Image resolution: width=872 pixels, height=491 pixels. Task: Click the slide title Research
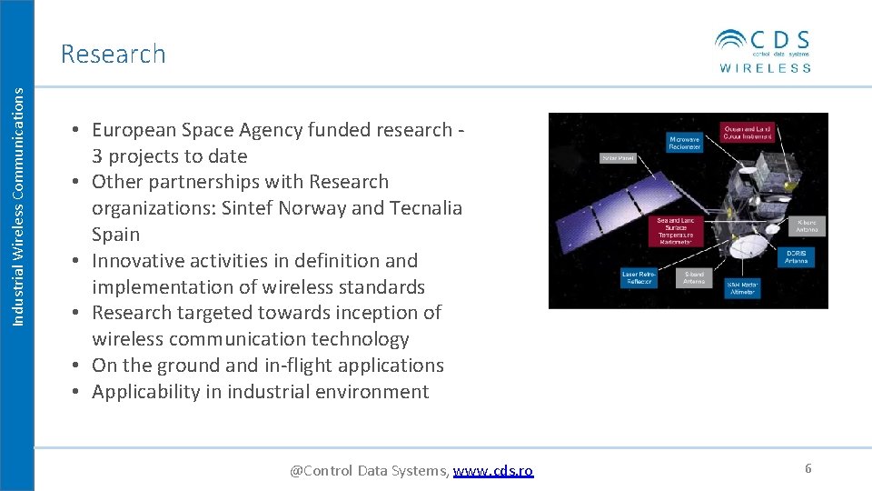click(x=114, y=54)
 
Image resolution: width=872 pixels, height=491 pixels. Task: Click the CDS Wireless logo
click(x=763, y=50)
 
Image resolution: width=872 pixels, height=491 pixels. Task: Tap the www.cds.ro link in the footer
click(x=493, y=470)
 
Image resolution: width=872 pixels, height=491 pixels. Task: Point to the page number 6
click(x=808, y=468)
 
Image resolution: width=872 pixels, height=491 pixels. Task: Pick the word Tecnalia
click(x=426, y=208)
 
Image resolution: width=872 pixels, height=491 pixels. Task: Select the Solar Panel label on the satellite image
click(x=615, y=157)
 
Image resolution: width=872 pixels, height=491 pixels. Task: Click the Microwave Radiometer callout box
click(x=684, y=143)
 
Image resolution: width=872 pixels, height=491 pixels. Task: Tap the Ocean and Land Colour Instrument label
click(x=747, y=133)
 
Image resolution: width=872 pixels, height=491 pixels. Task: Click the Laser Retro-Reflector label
click(x=639, y=277)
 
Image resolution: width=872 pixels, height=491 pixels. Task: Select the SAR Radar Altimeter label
click(x=741, y=288)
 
